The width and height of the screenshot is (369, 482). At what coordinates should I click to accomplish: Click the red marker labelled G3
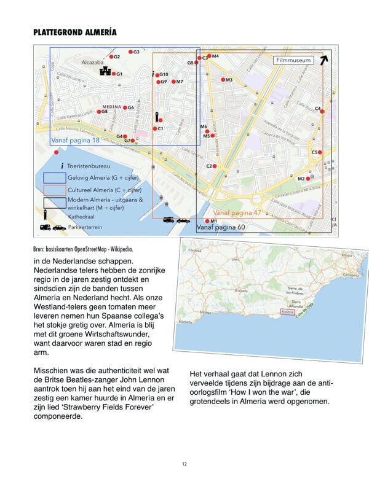pos(130,52)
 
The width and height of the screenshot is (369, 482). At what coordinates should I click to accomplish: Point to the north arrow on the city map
pos(323,60)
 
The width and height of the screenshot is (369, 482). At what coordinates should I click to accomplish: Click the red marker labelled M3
pos(223,79)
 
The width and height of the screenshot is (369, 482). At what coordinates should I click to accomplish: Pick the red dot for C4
pos(322,111)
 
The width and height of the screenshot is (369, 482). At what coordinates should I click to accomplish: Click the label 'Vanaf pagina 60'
pos(220,228)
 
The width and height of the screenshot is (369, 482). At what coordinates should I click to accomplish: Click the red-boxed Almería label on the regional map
pos(287,312)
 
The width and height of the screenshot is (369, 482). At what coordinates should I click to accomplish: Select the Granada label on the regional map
pos(241,291)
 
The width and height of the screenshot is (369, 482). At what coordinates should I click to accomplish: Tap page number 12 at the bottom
pos(184,464)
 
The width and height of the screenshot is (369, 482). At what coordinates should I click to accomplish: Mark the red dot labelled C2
pos(215,166)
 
